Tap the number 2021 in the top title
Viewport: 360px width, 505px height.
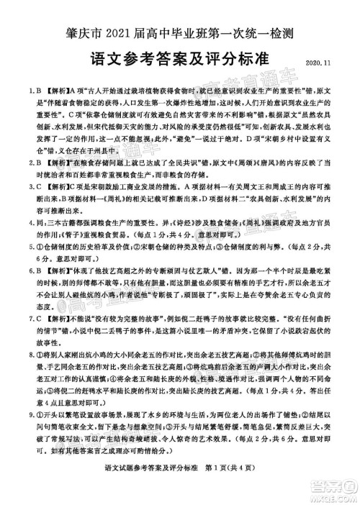114,31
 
